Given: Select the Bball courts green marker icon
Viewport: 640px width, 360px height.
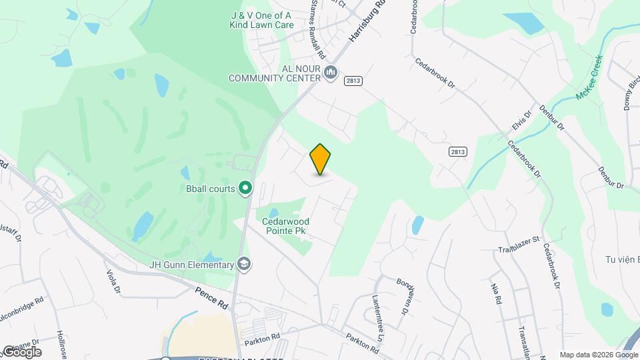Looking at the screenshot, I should click(x=245, y=189).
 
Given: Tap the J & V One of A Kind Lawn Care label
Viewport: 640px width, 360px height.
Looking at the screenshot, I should click(x=253, y=19).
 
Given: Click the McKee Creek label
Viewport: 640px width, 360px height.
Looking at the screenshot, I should click(x=589, y=78).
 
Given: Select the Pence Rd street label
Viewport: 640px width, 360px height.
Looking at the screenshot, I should click(x=211, y=297).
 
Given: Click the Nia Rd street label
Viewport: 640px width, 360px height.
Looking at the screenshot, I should click(x=495, y=293).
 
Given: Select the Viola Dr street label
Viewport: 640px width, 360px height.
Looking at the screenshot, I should click(x=113, y=281).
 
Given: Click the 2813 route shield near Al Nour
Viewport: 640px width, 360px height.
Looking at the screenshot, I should click(x=353, y=80).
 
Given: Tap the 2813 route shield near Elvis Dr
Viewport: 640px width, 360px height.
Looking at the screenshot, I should click(x=457, y=151).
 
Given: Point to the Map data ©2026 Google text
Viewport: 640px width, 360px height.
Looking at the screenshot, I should click(x=598, y=355).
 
